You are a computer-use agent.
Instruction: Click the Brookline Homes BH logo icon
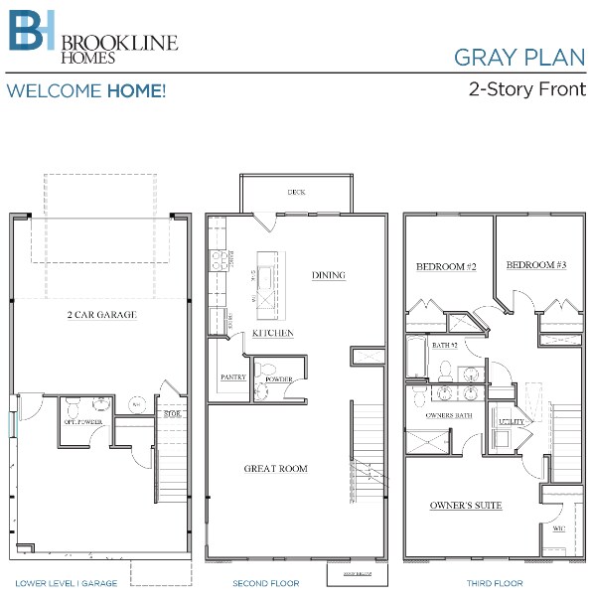click(32, 32)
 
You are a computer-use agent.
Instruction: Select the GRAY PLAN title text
click(519, 57)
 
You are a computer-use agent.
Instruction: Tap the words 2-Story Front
click(526, 88)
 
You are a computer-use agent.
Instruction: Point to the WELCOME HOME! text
click(85, 91)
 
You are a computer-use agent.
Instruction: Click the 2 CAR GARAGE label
click(101, 315)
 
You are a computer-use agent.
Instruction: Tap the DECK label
click(296, 192)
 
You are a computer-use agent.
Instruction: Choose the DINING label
click(329, 275)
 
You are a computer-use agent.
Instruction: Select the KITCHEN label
click(272, 334)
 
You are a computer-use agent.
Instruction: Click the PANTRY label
click(233, 377)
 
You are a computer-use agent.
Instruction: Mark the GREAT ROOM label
click(276, 468)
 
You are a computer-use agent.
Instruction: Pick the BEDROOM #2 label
click(447, 266)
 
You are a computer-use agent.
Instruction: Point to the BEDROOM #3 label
click(536, 265)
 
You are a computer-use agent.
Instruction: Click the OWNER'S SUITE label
click(466, 506)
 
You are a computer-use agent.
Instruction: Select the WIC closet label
click(559, 528)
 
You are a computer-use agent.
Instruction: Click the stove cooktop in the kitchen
click(218, 261)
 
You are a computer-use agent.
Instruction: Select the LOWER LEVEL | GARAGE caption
click(67, 583)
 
